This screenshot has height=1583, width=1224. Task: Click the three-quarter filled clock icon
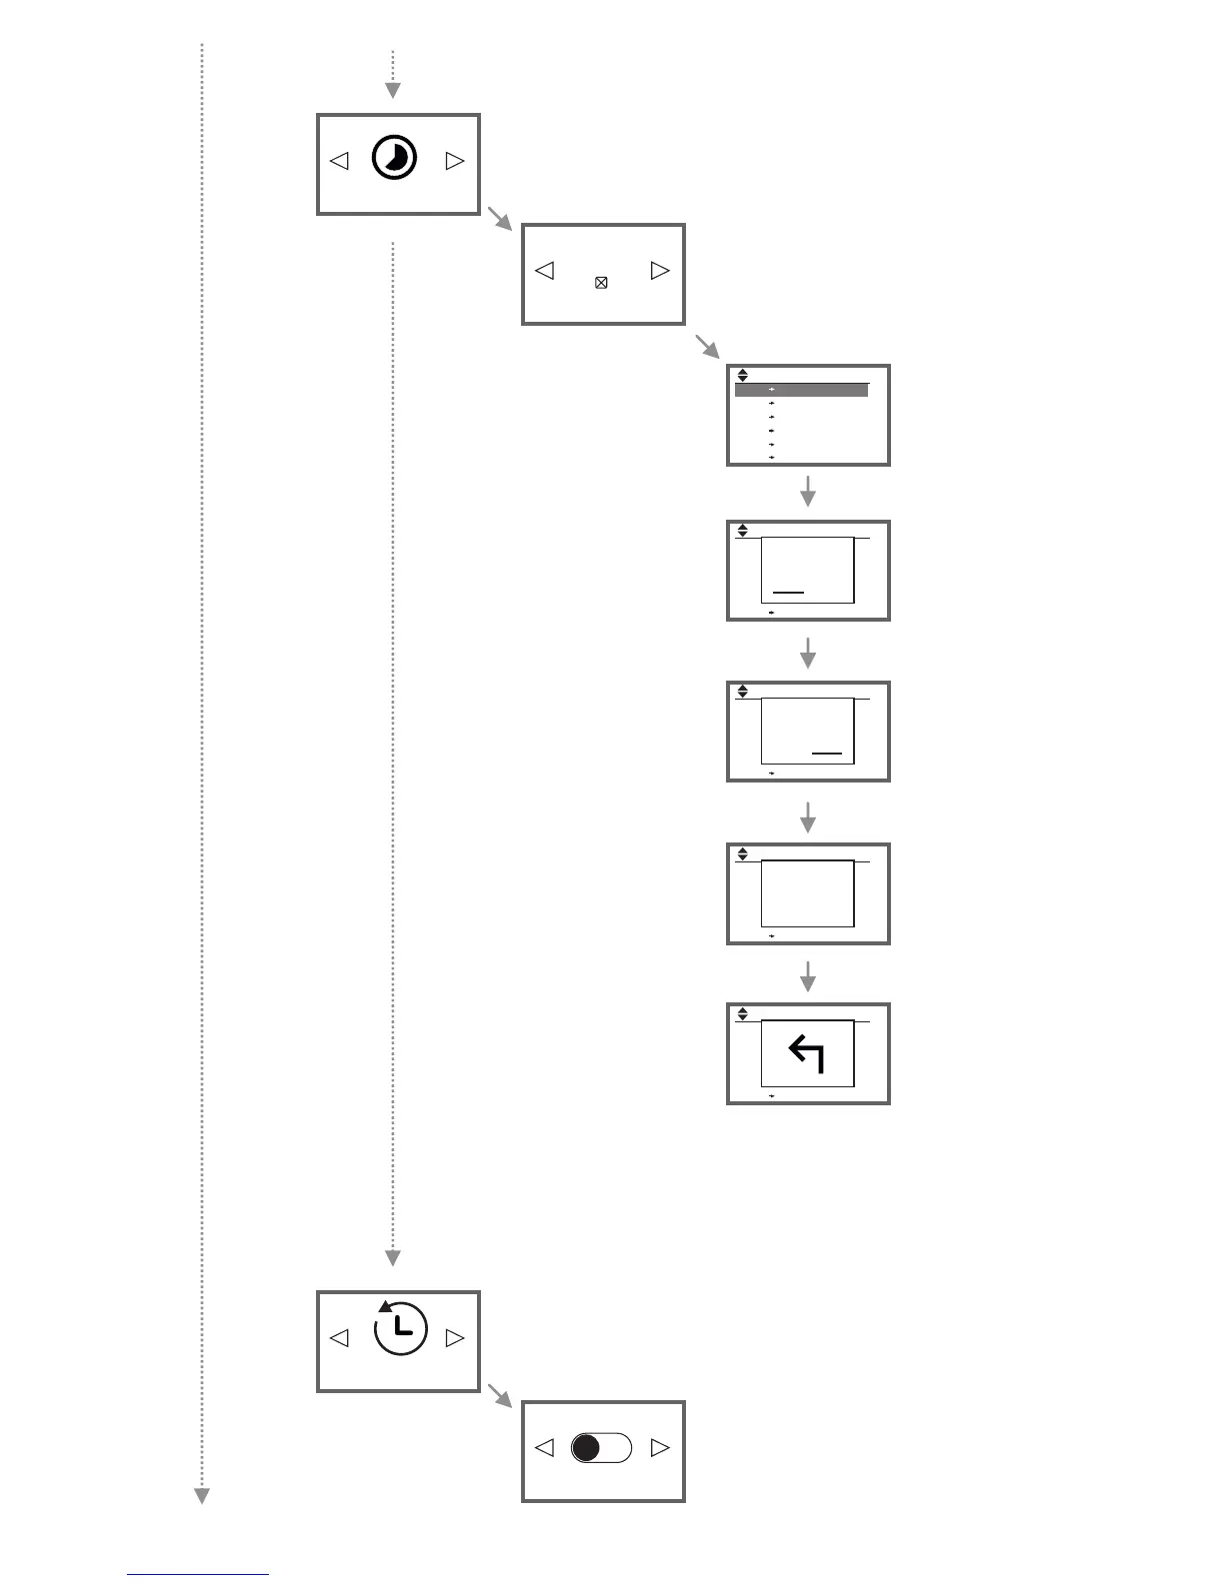(x=394, y=159)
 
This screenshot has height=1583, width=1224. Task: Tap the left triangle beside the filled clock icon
(x=340, y=160)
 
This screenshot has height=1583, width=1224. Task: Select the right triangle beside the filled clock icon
(x=455, y=160)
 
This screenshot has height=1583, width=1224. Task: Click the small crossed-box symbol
(x=601, y=283)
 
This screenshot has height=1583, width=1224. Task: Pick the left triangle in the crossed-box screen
(x=545, y=270)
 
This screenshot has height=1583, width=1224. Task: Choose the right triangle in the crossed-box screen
(x=659, y=270)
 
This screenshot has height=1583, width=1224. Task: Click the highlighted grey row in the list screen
(x=801, y=390)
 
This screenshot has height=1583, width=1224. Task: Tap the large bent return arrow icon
(x=806, y=1053)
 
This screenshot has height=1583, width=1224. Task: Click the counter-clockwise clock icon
(x=399, y=1328)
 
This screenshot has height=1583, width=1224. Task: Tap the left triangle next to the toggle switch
(x=545, y=1447)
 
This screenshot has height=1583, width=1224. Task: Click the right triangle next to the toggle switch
(x=659, y=1447)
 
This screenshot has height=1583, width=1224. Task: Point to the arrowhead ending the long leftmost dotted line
(x=202, y=1495)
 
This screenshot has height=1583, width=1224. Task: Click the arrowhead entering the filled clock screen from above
(x=393, y=91)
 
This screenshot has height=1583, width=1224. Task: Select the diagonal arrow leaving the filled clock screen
(x=498, y=217)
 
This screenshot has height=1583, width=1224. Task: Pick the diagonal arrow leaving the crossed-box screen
(x=707, y=347)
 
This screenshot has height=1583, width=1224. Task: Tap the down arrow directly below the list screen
(x=808, y=492)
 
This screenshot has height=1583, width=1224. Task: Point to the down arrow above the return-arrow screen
(x=808, y=976)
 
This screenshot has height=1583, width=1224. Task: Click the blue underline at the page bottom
(x=198, y=1575)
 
